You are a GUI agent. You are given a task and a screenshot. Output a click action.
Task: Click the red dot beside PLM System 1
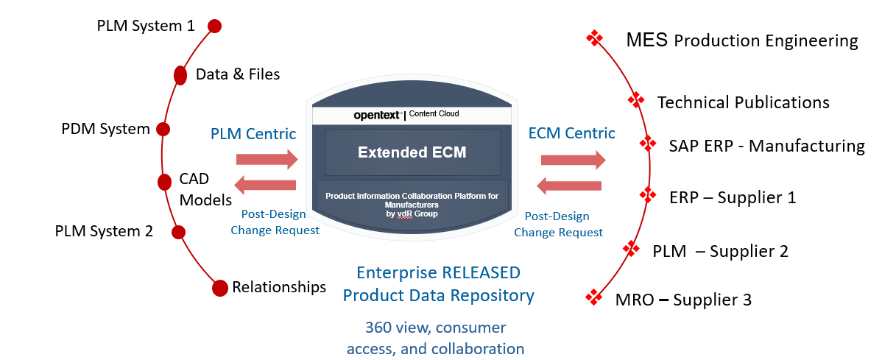coord(214,27)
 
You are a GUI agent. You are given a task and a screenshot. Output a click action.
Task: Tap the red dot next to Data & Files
coord(180,75)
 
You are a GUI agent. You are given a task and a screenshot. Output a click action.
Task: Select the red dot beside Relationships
coord(219,289)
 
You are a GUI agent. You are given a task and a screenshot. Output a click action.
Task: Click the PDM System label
coord(105,129)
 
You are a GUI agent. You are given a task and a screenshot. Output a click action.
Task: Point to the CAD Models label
coord(205,190)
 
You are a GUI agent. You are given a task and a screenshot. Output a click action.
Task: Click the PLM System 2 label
coord(104,231)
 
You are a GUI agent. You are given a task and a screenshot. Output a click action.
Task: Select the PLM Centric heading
coord(253,134)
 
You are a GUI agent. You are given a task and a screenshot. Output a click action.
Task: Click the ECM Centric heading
coord(571,133)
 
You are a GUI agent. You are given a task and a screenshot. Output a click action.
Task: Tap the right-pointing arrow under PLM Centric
coord(267,159)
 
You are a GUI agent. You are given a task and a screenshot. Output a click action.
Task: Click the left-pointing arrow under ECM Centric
coord(571,186)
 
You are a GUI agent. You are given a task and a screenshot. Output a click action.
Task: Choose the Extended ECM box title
coord(412,152)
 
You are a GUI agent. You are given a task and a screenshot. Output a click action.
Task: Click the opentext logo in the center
coord(378,115)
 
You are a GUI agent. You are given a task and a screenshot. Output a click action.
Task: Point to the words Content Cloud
coord(434,114)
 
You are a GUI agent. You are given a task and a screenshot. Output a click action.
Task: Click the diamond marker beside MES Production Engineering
coord(594,39)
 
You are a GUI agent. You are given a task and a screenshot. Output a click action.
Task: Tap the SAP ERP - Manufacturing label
coord(766,146)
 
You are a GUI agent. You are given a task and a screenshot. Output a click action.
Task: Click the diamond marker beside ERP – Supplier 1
coord(648,195)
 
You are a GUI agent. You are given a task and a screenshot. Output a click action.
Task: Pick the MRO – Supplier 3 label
coord(682,300)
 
